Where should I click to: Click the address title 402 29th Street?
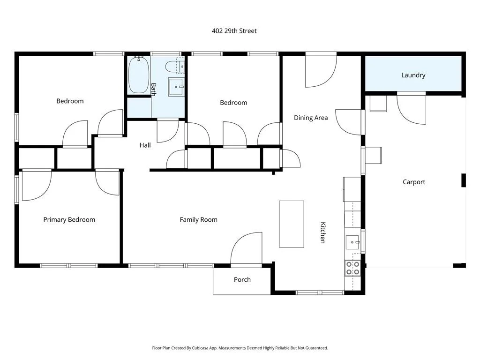tap(234, 31)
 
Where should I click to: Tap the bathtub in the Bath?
tap(139, 75)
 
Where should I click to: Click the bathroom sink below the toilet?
tap(176, 87)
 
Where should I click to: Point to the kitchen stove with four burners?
tap(352, 268)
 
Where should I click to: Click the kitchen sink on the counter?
tap(353, 242)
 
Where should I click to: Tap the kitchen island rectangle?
tap(292, 224)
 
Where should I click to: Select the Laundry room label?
tap(413, 75)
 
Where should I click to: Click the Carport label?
tap(414, 182)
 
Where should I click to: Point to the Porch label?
tap(242, 279)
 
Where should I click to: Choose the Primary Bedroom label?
tap(69, 219)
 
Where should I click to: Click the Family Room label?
tap(199, 219)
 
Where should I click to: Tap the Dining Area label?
tap(311, 118)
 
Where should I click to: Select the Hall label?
tap(145, 145)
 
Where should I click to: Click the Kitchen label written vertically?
tap(322, 232)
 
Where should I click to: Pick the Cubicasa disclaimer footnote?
tap(240, 348)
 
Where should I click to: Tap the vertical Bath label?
tap(153, 90)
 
